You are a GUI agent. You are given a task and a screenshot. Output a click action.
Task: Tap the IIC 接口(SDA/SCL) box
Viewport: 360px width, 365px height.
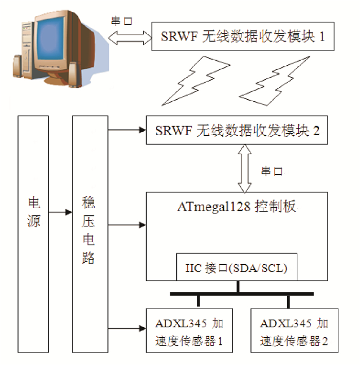[x=237, y=267]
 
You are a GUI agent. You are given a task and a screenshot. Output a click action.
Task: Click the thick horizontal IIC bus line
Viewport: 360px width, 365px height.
[x=242, y=294]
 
